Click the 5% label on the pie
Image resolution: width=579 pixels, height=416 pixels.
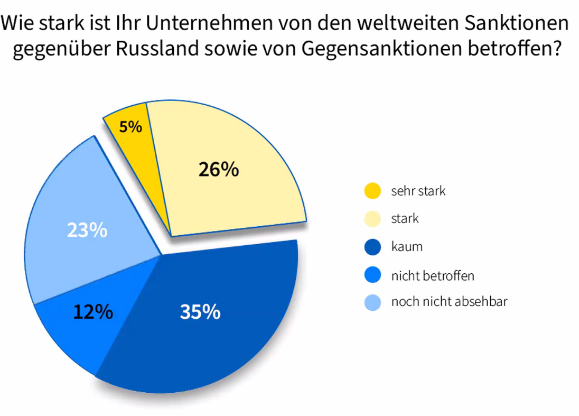point(130,127)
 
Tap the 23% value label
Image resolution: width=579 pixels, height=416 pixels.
point(87,230)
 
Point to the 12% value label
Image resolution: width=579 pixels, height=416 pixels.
point(93,312)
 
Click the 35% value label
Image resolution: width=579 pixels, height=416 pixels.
point(200,312)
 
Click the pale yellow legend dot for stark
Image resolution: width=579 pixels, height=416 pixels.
point(373,219)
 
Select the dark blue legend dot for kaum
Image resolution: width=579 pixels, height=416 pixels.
point(373,247)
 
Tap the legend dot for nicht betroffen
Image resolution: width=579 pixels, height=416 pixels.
point(373,275)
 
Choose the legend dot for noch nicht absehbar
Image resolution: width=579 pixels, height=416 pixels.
point(373,302)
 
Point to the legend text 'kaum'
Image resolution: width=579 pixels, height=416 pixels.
point(407,247)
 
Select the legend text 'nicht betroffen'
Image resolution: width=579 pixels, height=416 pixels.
point(433,275)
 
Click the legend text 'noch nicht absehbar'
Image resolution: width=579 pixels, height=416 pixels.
point(449,302)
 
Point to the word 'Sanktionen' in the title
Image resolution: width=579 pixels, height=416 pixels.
point(517,24)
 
